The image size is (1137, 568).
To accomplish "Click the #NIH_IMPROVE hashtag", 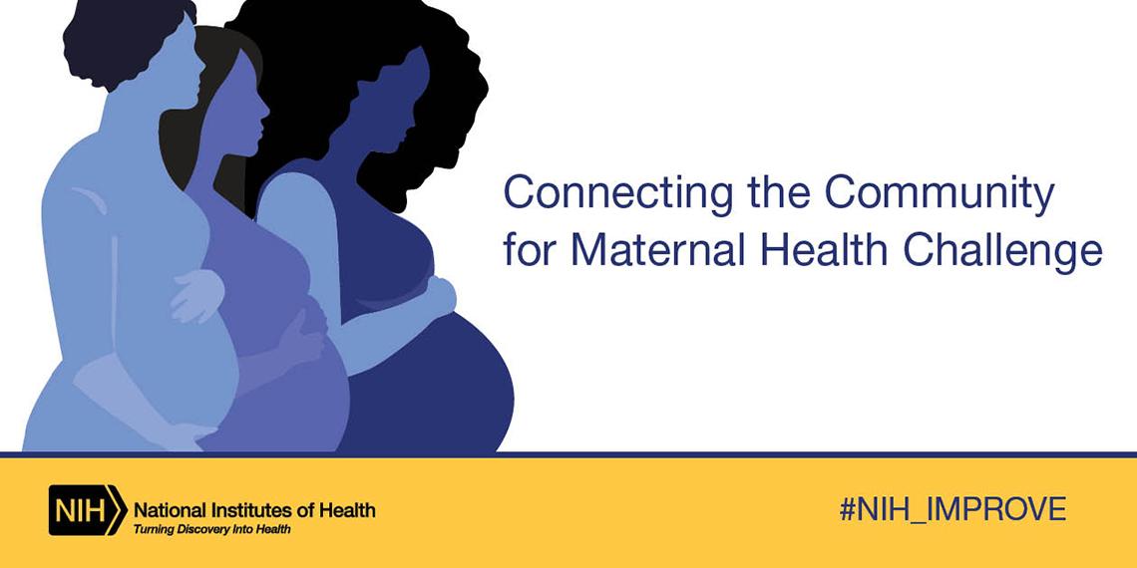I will tap(952, 510).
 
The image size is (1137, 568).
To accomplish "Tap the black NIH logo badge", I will tap(86, 510).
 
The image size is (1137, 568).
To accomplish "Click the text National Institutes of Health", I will tap(254, 510).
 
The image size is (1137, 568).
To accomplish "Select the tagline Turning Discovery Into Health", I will tap(212, 529).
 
